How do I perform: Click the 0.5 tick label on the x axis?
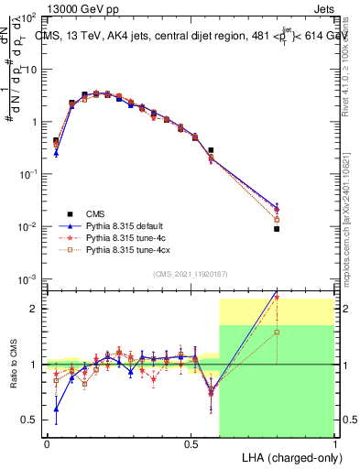pos(191,443)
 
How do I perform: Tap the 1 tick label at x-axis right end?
pos(334,443)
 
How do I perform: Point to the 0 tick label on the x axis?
pos(47,443)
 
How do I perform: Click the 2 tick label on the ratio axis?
pos(34,309)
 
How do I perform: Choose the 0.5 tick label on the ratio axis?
pos(29,420)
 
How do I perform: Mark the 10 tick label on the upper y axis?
pos(30,70)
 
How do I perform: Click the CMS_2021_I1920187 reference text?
pos(190,272)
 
